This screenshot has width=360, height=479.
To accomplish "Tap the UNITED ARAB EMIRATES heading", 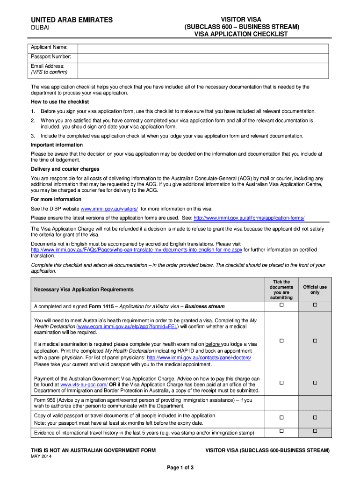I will point(72,20).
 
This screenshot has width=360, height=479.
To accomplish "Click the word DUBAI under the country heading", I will point(40,29).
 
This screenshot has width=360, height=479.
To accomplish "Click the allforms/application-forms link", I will point(249,218).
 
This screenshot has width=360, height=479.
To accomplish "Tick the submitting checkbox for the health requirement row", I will point(281,341).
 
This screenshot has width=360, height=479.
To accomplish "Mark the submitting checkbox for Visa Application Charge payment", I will point(281,383).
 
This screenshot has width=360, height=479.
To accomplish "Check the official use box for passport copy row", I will point(315,417).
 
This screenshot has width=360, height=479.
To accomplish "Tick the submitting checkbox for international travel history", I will point(281,430).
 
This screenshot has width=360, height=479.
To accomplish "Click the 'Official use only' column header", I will point(315,290).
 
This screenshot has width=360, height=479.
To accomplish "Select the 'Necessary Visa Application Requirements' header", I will point(84,290).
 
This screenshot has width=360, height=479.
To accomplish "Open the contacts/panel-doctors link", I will point(199,357).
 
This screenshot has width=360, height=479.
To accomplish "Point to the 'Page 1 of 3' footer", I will point(180,468).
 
